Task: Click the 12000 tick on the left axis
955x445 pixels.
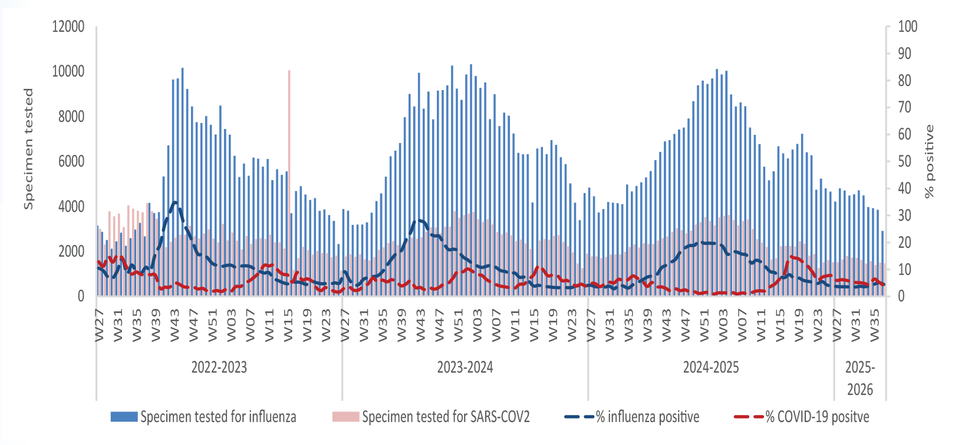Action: [68, 26]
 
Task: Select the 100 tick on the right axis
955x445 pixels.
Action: [907, 26]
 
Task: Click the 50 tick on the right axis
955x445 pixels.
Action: [904, 161]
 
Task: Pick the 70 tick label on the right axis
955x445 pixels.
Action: [904, 107]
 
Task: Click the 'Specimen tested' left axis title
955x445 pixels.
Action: [28, 148]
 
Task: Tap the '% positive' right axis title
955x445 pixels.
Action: [930, 161]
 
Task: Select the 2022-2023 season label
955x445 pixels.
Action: [219, 367]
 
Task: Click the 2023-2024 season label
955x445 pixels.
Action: [465, 367]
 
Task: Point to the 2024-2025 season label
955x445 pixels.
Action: [711, 367]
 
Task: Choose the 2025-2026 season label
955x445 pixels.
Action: [860, 378]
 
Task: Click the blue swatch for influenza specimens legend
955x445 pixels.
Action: [124, 417]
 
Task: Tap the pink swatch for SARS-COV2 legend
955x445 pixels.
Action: [345, 417]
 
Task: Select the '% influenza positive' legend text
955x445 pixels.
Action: [647, 417]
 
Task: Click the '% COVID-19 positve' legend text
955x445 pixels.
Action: [817, 417]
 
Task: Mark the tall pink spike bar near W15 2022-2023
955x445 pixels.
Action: [289, 141]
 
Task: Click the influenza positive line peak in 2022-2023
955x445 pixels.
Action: [174, 202]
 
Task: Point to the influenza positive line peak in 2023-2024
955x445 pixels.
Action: [419, 220]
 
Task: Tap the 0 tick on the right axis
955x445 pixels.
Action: [901, 296]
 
